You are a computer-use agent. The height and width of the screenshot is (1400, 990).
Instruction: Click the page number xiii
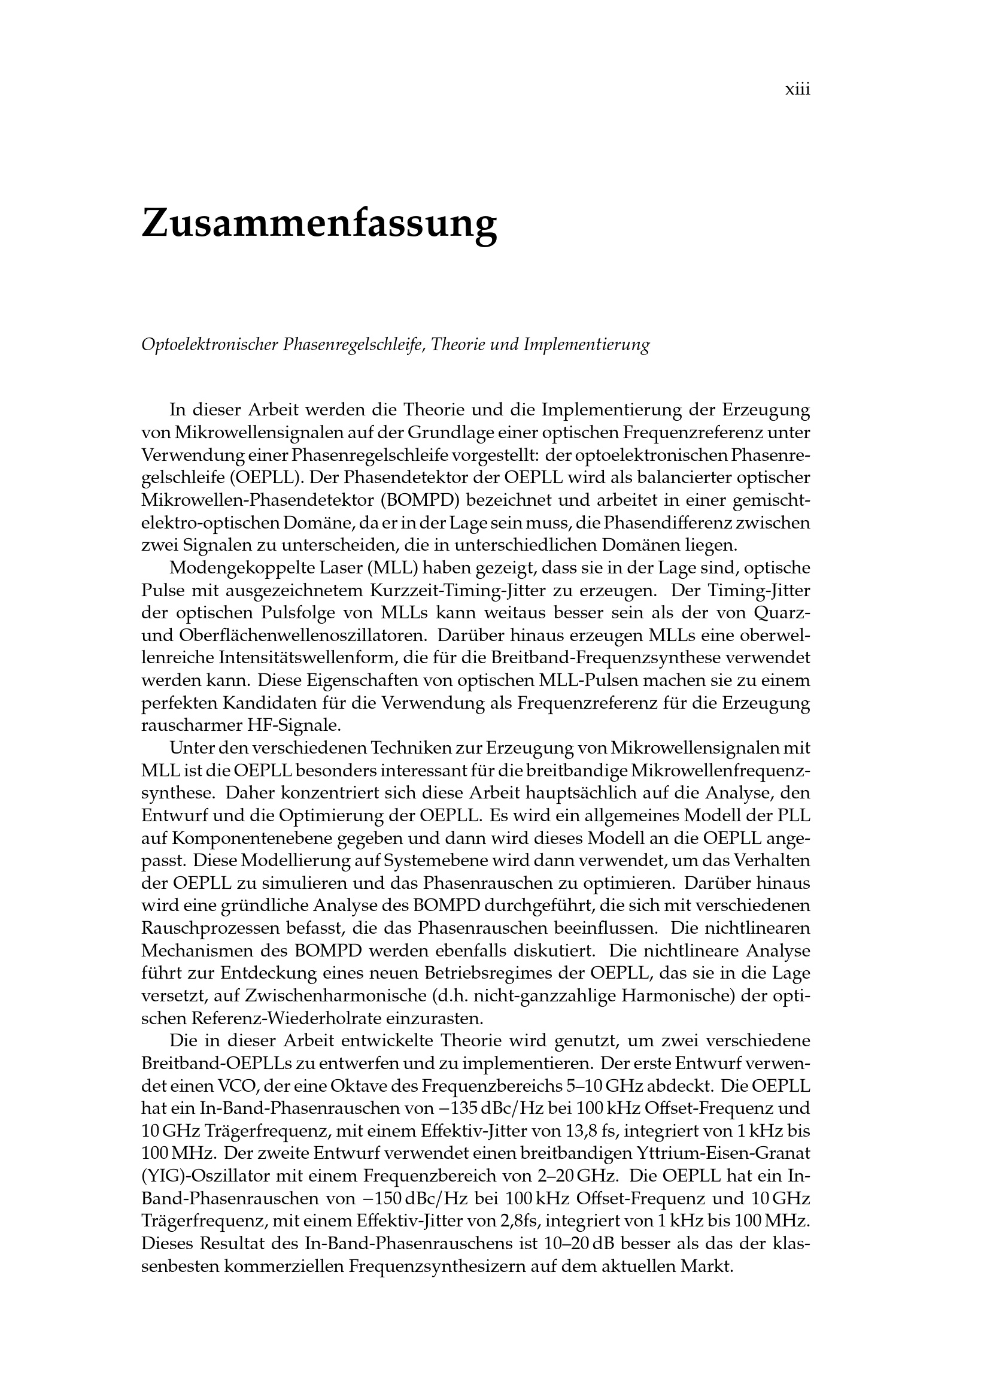pos(797,90)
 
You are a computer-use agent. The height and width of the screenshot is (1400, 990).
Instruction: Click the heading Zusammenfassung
pos(319,224)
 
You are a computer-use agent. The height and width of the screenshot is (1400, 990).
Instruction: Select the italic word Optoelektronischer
pos(209,345)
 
